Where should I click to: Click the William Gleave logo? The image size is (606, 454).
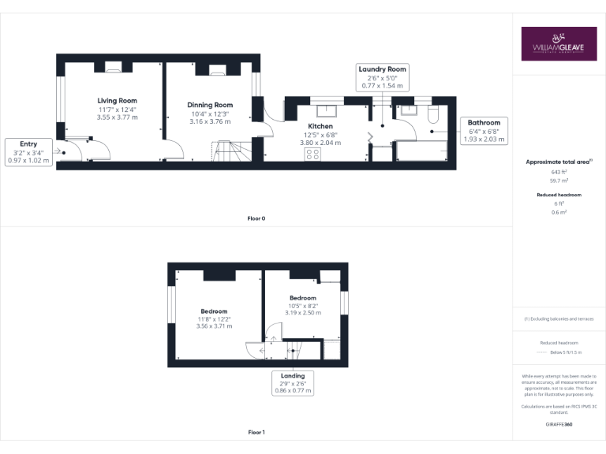pyautogui.click(x=559, y=44)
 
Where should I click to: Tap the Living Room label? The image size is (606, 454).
pyautogui.click(x=117, y=101)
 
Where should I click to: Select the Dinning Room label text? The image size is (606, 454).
pyautogui.click(x=210, y=105)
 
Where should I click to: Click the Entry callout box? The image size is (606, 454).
pyautogui.click(x=28, y=152)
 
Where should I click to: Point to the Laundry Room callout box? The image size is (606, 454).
pyautogui.click(x=383, y=77)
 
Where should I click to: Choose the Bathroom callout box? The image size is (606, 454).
pyautogui.click(x=484, y=131)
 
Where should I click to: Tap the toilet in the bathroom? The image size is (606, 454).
pyautogui.click(x=432, y=114)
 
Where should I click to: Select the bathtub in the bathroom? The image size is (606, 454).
pyautogui.click(x=423, y=151)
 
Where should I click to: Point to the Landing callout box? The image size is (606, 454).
pyautogui.click(x=292, y=383)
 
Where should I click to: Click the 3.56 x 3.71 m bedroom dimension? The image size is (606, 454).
pyautogui.click(x=214, y=326)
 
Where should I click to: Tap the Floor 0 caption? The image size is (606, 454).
pyautogui.click(x=256, y=218)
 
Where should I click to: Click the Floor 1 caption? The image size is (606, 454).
pyautogui.click(x=256, y=432)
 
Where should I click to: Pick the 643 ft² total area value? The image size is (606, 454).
pyautogui.click(x=559, y=171)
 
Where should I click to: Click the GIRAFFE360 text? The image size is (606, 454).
pyautogui.click(x=559, y=424)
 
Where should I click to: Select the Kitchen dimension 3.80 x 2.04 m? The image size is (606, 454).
pyautogui.click(x=320, y=143)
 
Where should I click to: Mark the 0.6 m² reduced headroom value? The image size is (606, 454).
pyautogui.click(x=559, y=211)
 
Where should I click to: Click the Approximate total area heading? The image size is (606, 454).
pyautogui.click(x=558, y=162)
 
